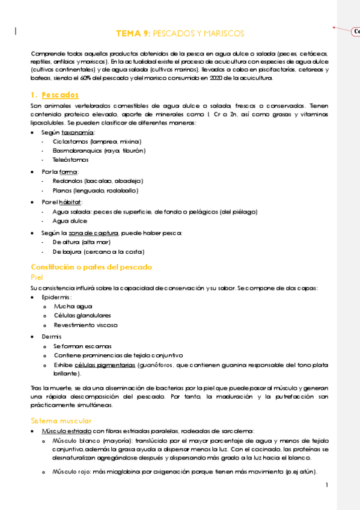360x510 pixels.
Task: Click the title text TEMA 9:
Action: click(133, 34)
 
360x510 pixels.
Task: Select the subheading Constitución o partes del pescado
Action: click(91, 267)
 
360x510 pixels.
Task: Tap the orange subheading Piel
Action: click(37, 277)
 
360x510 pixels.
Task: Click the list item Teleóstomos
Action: click(71, 160)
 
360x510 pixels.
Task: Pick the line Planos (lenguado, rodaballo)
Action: click(95, 191)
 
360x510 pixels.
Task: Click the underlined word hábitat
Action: click(70, 202)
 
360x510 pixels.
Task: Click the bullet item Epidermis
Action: click(56, 297)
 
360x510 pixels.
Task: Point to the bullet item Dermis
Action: click(51, 336)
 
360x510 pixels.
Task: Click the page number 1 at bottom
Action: click(326, 485)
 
